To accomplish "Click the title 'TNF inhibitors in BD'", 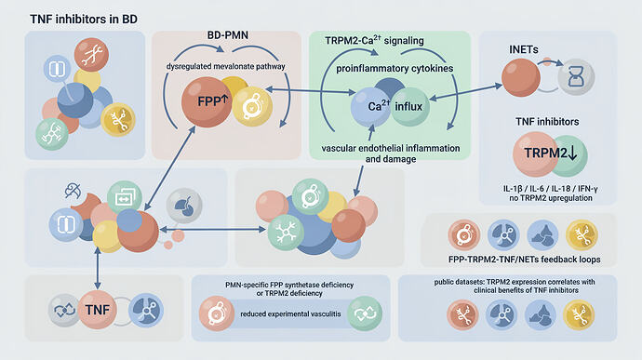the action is coord(84,20).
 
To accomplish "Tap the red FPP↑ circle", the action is coord(207,102).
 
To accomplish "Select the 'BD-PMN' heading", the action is coord(228,35).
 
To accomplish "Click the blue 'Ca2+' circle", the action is coord(370,107).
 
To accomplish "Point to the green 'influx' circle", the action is coord(409,106).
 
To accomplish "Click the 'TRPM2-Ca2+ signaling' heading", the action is coord(374,41).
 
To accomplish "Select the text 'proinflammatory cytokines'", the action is coord(395,69).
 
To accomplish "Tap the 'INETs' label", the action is coord(523,49).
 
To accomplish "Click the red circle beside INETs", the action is coord(521,78).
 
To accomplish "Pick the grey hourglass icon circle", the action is coord(576,77).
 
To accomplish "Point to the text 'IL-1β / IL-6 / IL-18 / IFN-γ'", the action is coord(550,189).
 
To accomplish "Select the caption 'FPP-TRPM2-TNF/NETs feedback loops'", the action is coord(524,260).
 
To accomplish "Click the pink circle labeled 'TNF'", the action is coord(98,310).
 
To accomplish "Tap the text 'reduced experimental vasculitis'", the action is coord(290,314).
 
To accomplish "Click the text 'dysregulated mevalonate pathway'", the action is coord(225,66).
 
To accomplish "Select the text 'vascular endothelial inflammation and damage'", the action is coord(391,153).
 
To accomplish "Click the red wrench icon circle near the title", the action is coord(91,55).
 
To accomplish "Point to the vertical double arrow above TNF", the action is coord(98,268).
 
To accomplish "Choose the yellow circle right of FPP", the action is coord(252,106).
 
